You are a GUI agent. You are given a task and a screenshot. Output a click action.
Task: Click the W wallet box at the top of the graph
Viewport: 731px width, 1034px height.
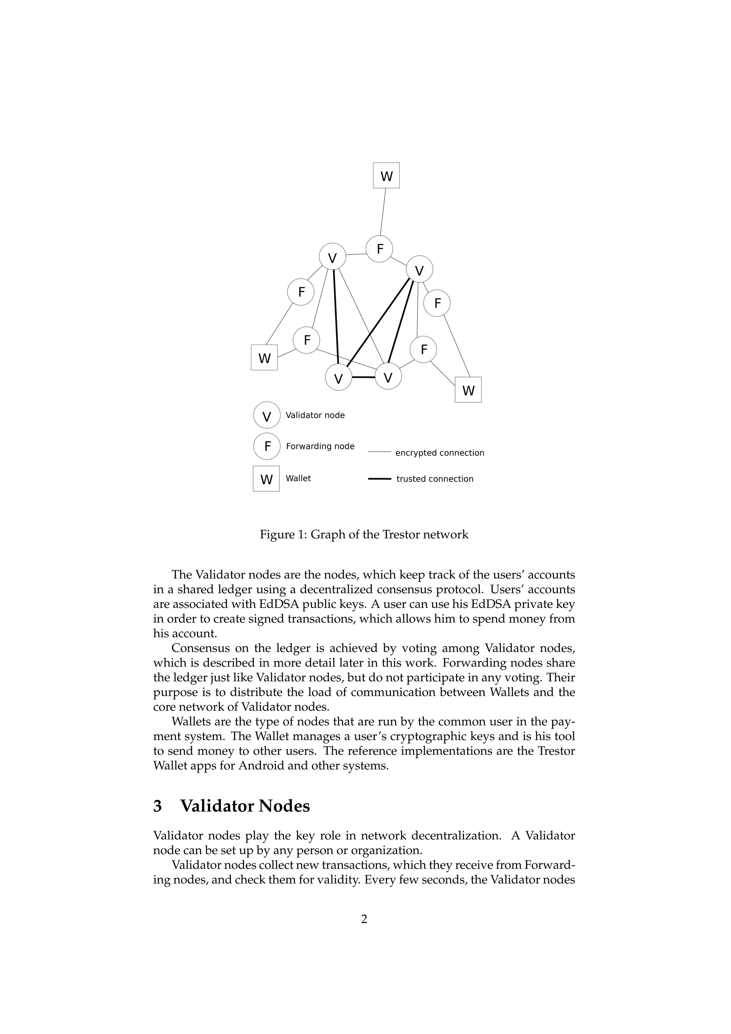click(386, 176)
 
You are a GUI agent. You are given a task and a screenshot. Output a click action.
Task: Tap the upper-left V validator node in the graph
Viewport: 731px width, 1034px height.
click(332, 257)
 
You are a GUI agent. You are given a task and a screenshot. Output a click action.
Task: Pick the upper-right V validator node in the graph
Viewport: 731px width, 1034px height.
click(419, 270)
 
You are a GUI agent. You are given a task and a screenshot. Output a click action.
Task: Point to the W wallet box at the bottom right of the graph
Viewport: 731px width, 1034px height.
click(468, 390)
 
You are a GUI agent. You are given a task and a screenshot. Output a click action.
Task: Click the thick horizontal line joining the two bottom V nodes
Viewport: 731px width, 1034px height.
click(363, 377)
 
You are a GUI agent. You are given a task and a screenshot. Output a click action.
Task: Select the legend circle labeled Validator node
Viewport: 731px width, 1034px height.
click(267, 415)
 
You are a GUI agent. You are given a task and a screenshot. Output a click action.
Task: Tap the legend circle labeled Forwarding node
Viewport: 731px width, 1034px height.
click(267, 446)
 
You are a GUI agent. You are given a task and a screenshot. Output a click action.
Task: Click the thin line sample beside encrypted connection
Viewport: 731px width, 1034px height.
click(379, 452)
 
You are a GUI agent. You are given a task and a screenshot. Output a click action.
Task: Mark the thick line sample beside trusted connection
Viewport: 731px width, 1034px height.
click(379, 479)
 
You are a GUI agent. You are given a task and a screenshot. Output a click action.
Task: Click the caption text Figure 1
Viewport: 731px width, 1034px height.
click(283, 534)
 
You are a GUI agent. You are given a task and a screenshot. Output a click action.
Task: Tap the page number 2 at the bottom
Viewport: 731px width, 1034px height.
click(364, 919)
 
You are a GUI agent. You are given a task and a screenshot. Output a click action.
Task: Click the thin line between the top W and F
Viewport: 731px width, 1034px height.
click(383, 212)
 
